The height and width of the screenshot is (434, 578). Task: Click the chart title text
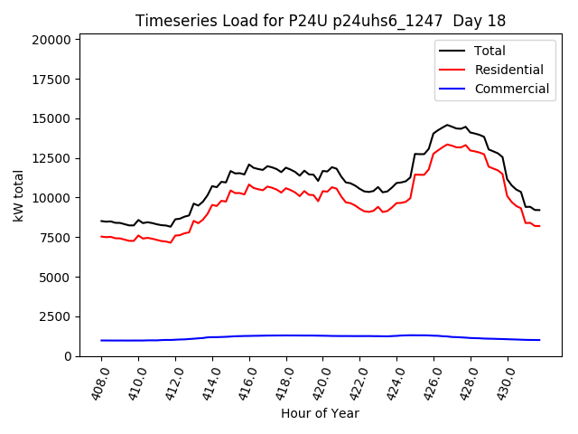pos(321,21)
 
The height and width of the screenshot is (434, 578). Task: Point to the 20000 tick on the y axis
pos(51,40)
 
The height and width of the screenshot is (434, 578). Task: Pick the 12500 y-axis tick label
pos(51,158)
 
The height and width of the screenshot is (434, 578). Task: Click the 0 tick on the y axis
pos(68,356)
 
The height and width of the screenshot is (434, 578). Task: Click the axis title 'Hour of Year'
pos(320,413)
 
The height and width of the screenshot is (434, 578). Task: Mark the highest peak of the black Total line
pos(447,125)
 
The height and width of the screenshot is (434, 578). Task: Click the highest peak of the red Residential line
pos(447,144)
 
